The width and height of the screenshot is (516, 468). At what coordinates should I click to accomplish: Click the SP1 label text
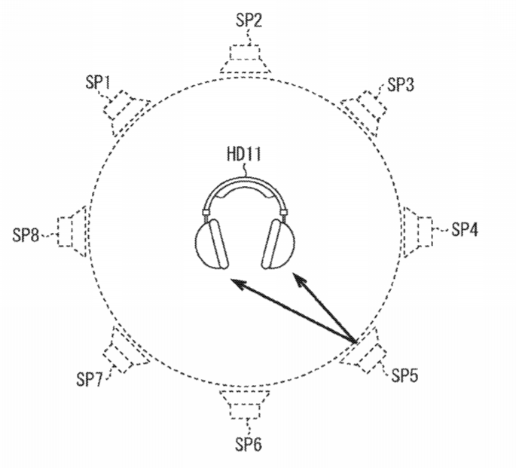pyautogui.click(x=98, y=82)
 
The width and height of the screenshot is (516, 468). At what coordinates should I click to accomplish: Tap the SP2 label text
pyautogui.click(x=249, y=20)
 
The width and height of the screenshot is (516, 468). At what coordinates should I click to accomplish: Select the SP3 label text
pyautogui.click(x=401, y=84)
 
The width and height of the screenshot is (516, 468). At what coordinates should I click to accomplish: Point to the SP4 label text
pyautogui.click(x=464, y=229)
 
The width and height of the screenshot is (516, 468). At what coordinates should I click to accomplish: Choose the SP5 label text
pyautogui.click(x=405, y=375)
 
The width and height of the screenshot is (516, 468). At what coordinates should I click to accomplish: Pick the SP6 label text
pyautogui.click(x=249, y=445)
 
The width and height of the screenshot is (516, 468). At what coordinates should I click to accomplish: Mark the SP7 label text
pyautogui.click(x=90, y=379)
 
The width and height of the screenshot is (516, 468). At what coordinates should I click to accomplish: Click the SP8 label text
pyautogui.click(x=26, y=235)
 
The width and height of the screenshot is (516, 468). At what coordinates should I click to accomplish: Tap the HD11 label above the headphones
pyautogui.click(x=244, y=154)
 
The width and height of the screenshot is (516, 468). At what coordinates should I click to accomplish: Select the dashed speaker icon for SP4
pyautogui.click(x=418, y=232)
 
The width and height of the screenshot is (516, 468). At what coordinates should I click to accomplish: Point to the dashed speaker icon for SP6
pyautogui.click(x=245, y=405)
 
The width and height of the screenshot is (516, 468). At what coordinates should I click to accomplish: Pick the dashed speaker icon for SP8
pyautogui.click(x=72, y=231)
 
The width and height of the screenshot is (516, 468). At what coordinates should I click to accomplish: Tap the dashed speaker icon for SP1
pyautogui.click(x=127, y=112)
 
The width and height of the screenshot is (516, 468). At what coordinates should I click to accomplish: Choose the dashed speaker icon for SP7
pyautogui.click(x=127, y=350)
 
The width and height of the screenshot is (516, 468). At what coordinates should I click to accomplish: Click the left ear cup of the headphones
pyautogui.click(x=212, y=244)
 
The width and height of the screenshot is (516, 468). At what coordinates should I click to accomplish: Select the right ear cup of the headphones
pyautogui.click(x=278, y=244)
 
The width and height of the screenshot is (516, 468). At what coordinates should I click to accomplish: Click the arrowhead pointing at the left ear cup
pyautogui.click(x=239, y=283)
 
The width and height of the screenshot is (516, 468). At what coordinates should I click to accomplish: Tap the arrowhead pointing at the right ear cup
pyautogui.click(x=299, y=279)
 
